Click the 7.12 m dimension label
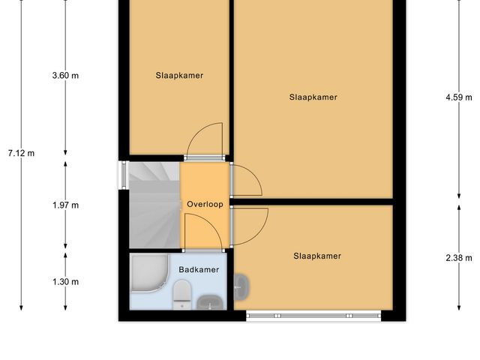[x=21, y=153]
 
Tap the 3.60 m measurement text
[x=65, y=75]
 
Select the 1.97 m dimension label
[x=65, y=205]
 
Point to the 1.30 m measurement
[x=65, y=281]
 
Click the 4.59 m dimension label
[x=458, y=97]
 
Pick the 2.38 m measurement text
[x=458, y=258]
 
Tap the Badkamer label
[x=199, y=269]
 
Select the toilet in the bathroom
[x=182, y=294]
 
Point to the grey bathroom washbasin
[x=209, y=302]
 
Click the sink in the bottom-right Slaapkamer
[x=241, y=285]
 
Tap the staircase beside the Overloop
[x=153, y=205]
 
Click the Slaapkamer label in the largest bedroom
[x=313, y=97]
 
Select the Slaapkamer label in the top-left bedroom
[x=179, y=75]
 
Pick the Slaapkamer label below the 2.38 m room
[x=316, y=256]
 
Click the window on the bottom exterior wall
[x=313, y=316]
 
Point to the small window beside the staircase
[x=123, y=175]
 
